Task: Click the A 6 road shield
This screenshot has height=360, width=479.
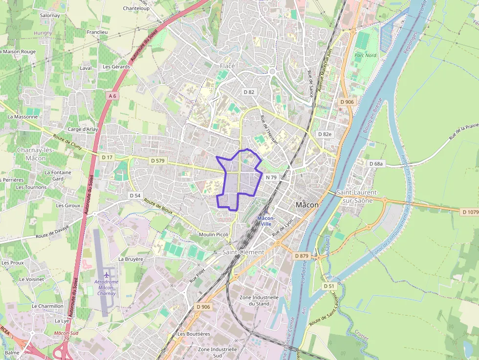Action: [112, 96]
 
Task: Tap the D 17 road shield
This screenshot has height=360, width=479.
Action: [107, 157]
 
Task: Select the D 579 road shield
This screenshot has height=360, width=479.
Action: [158, 160]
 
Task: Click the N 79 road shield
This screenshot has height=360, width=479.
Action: [271, 177]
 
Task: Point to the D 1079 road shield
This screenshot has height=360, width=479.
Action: [470, 212]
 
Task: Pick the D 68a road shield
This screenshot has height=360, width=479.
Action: [376, 164]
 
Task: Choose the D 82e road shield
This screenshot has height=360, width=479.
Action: [325, 134]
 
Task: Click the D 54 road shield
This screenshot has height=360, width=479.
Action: [135, 195]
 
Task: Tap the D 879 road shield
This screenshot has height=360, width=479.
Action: [302, 255]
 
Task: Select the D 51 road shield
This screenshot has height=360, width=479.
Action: [329, 286]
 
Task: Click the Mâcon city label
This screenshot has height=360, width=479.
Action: [307, 205]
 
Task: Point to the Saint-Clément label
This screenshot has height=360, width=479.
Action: [243, 252]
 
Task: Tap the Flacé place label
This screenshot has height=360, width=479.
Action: [227, 66]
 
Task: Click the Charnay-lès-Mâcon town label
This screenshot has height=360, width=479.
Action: [35, 154]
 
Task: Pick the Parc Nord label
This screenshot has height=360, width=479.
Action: [365, 55]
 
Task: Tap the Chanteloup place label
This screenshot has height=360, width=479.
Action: [136, 8]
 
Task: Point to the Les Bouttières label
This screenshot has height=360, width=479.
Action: [194, 334]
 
